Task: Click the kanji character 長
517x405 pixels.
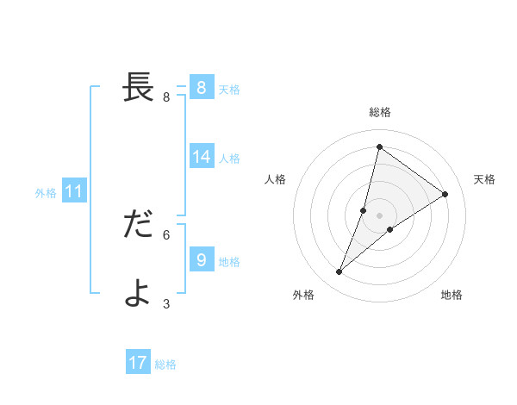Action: pyautogui.click(x=139, y=86)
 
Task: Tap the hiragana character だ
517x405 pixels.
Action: pyautogui.click(x=139, y=224)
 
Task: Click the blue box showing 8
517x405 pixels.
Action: pyautogui.click(x=201, y=87)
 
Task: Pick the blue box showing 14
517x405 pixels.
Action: pyautogui.click(x=202, y=156)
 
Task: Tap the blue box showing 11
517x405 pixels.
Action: pyautogui.click(x=74, y=191)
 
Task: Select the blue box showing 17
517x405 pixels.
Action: pyautogui.click(x=138, y=363)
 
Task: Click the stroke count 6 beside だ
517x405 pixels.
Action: pyautogui.click(x=166, y=234)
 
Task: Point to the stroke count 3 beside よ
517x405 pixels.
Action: pyautogui.click(x=166, y=303)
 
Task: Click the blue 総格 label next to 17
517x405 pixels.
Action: pyautogui.click(x=165, y=364)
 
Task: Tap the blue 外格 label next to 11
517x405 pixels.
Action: pyautogui.click(x=46, y=193)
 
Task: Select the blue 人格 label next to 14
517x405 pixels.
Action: pyautogui.click(x=229, y=159)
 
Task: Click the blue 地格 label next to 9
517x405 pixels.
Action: pyautogui.click(x=229, y=262)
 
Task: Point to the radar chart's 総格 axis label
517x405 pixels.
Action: pyautogui.click(x=379, y=112)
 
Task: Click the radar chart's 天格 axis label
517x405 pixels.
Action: pyautogui.click(x=484, y=179)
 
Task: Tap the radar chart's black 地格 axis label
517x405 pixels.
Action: pyautogui.click(x=452, y=295)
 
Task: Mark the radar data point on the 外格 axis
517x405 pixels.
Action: pyautogui.click(x=339, y=272)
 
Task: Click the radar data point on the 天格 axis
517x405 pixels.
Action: pyautogui.click(x=445, y=194)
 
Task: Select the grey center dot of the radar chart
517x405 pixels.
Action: pyautogui.click(x=379, y=215)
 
